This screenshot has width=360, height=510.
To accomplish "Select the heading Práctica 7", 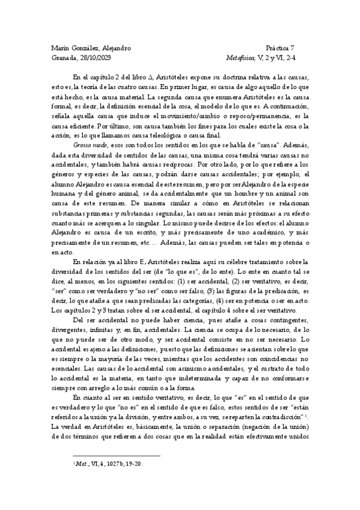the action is (x=279, y=48).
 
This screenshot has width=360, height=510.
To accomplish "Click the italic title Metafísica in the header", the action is (x=239, y=58).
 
